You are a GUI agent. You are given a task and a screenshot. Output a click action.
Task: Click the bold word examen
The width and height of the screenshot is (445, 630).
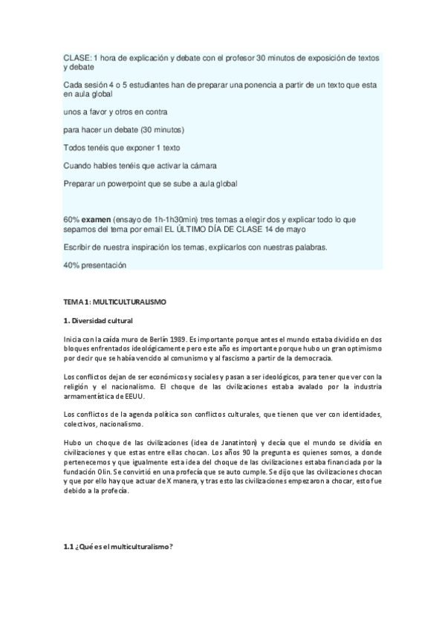[x=95, y=220]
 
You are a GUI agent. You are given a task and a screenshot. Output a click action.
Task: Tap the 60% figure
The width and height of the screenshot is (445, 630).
[x=71, y=220]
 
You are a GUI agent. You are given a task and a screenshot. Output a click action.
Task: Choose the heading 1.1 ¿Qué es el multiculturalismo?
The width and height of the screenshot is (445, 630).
[x=119, y=547]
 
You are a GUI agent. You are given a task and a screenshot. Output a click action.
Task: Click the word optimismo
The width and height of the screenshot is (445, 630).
[x=357, y=348]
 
